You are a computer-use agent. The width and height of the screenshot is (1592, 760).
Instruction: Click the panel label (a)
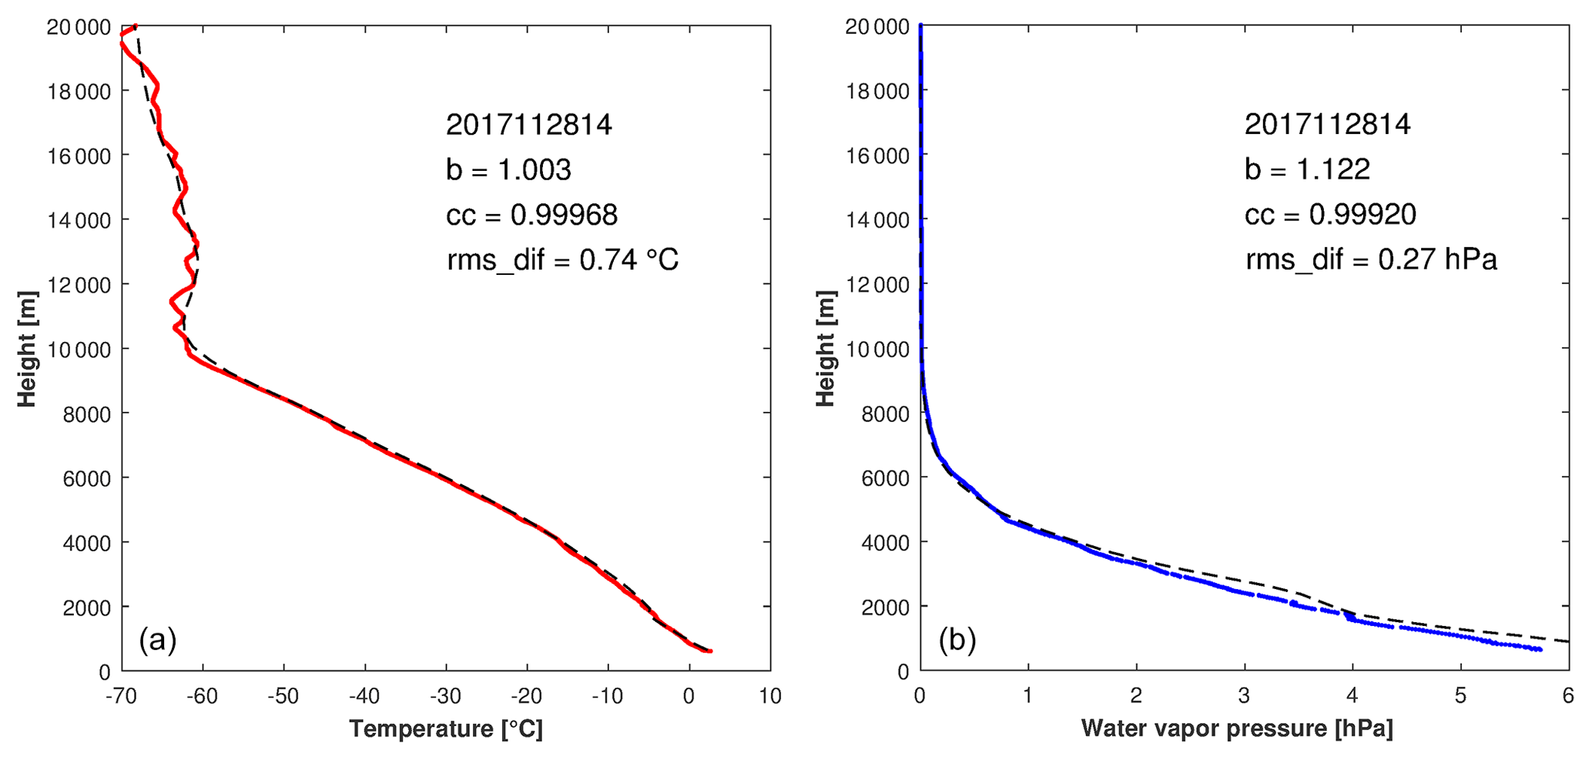158,640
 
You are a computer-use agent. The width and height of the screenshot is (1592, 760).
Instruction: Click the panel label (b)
957,640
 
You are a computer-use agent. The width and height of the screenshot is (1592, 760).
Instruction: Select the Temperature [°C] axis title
446,728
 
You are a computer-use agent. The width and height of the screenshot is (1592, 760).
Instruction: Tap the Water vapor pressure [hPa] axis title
1237,728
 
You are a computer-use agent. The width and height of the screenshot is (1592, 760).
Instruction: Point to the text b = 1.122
1307,169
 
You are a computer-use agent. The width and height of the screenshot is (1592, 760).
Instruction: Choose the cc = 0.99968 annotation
531,216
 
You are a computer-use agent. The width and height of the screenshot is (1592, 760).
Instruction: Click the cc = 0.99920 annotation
1330,215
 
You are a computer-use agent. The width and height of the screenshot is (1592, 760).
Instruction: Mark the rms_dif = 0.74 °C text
562,260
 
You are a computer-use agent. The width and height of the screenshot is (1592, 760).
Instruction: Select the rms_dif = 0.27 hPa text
1371,260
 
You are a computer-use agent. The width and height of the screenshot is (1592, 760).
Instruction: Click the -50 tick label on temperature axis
283,697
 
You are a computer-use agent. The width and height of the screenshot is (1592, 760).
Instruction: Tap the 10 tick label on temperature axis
770,697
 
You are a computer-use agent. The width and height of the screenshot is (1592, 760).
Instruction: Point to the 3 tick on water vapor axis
1244,697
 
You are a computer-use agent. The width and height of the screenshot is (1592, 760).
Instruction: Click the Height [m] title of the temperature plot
27,349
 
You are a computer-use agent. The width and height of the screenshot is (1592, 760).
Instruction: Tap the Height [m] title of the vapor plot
826,349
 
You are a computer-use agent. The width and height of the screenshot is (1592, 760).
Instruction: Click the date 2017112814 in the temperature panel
529,125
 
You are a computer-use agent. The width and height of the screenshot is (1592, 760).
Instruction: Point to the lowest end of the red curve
709,651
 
